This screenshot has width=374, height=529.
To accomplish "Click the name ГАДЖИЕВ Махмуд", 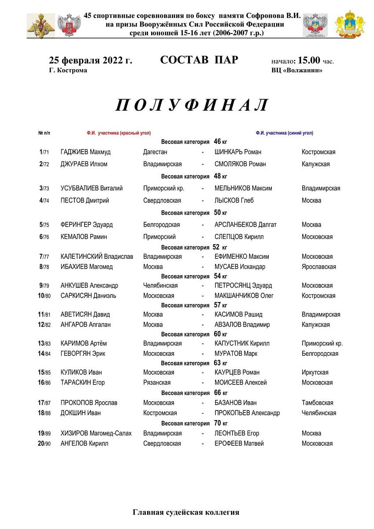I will coord(85,152).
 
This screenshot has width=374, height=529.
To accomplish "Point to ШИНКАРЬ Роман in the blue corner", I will coord(238,152).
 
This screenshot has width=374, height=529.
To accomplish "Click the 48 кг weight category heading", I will coord(194,176).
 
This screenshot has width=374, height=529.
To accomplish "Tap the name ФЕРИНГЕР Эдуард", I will coord(86,225).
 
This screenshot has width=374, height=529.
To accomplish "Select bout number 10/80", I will coord(44,296).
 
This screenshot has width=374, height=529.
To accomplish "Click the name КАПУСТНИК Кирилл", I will coord(242,343).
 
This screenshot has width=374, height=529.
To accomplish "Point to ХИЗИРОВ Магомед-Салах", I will coord(96,433).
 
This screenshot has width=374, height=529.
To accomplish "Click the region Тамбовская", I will coord(317,403).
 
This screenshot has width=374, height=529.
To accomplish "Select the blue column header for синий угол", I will coord(284,133).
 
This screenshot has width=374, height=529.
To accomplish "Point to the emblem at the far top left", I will coord(41,26).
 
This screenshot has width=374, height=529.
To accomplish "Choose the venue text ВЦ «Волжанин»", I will coord(297,71).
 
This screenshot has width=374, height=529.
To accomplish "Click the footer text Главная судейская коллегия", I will coord(186,512).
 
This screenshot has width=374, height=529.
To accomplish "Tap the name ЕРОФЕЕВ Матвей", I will coord(239,443).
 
